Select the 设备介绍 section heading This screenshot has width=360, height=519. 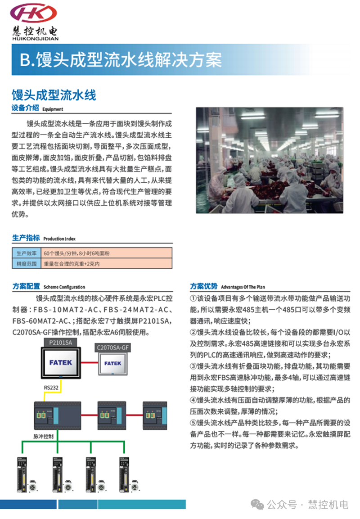click(x=25, y=108)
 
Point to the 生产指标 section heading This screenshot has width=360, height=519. click(x=26, y=238)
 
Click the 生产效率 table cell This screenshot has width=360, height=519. click(x=26, y=253)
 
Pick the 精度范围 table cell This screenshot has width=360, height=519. click(x=26, y=264)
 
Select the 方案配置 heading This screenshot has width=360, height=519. click(x=26, y=286)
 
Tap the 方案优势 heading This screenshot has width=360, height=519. click(x=204, y=286)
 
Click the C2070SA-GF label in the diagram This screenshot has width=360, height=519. click(x=112, y=347)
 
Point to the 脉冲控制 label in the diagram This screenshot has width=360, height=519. click(x=44, y=436)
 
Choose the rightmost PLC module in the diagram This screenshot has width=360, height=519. click(x=155, y=414)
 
